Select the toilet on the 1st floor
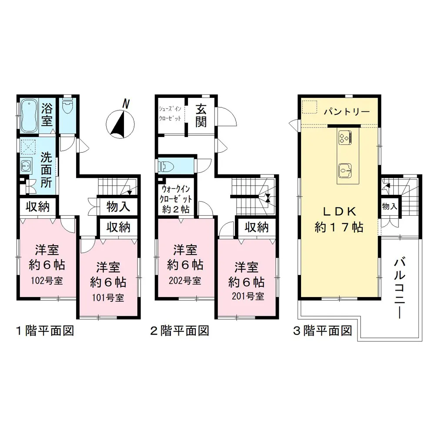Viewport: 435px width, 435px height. pyautogui.click(x=67, y=105)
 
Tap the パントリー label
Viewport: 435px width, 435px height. pyautogui.click(x=347, y=112)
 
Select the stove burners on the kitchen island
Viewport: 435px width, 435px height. pyautogui.click(x=345, y=137)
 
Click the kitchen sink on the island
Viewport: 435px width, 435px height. pyautogui.click(x=345, y=171)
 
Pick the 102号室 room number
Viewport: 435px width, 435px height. pyautogui.click(x=47, y=281)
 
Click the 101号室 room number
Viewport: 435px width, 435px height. pyautogui.click(x=108, y=298)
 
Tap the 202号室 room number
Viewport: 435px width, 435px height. pyautogui.click(x=185, y=281)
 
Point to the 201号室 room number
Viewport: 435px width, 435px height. pyautogui.click(x=248, y=296)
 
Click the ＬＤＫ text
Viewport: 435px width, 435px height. pyautogui.click(x=339, y=212)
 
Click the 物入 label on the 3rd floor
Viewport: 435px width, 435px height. pyautogui.click(x=389, y=206)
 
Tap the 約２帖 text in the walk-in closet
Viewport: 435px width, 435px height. pyautogui.click(x=176, y=209)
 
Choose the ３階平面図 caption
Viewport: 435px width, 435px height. pyautogui.click(x=323, y=331)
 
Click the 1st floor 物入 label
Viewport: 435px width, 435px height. pyautogui.click(x=118, y=206)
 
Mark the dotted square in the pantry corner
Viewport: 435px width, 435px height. pyautogui.click(x=309, y=107)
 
